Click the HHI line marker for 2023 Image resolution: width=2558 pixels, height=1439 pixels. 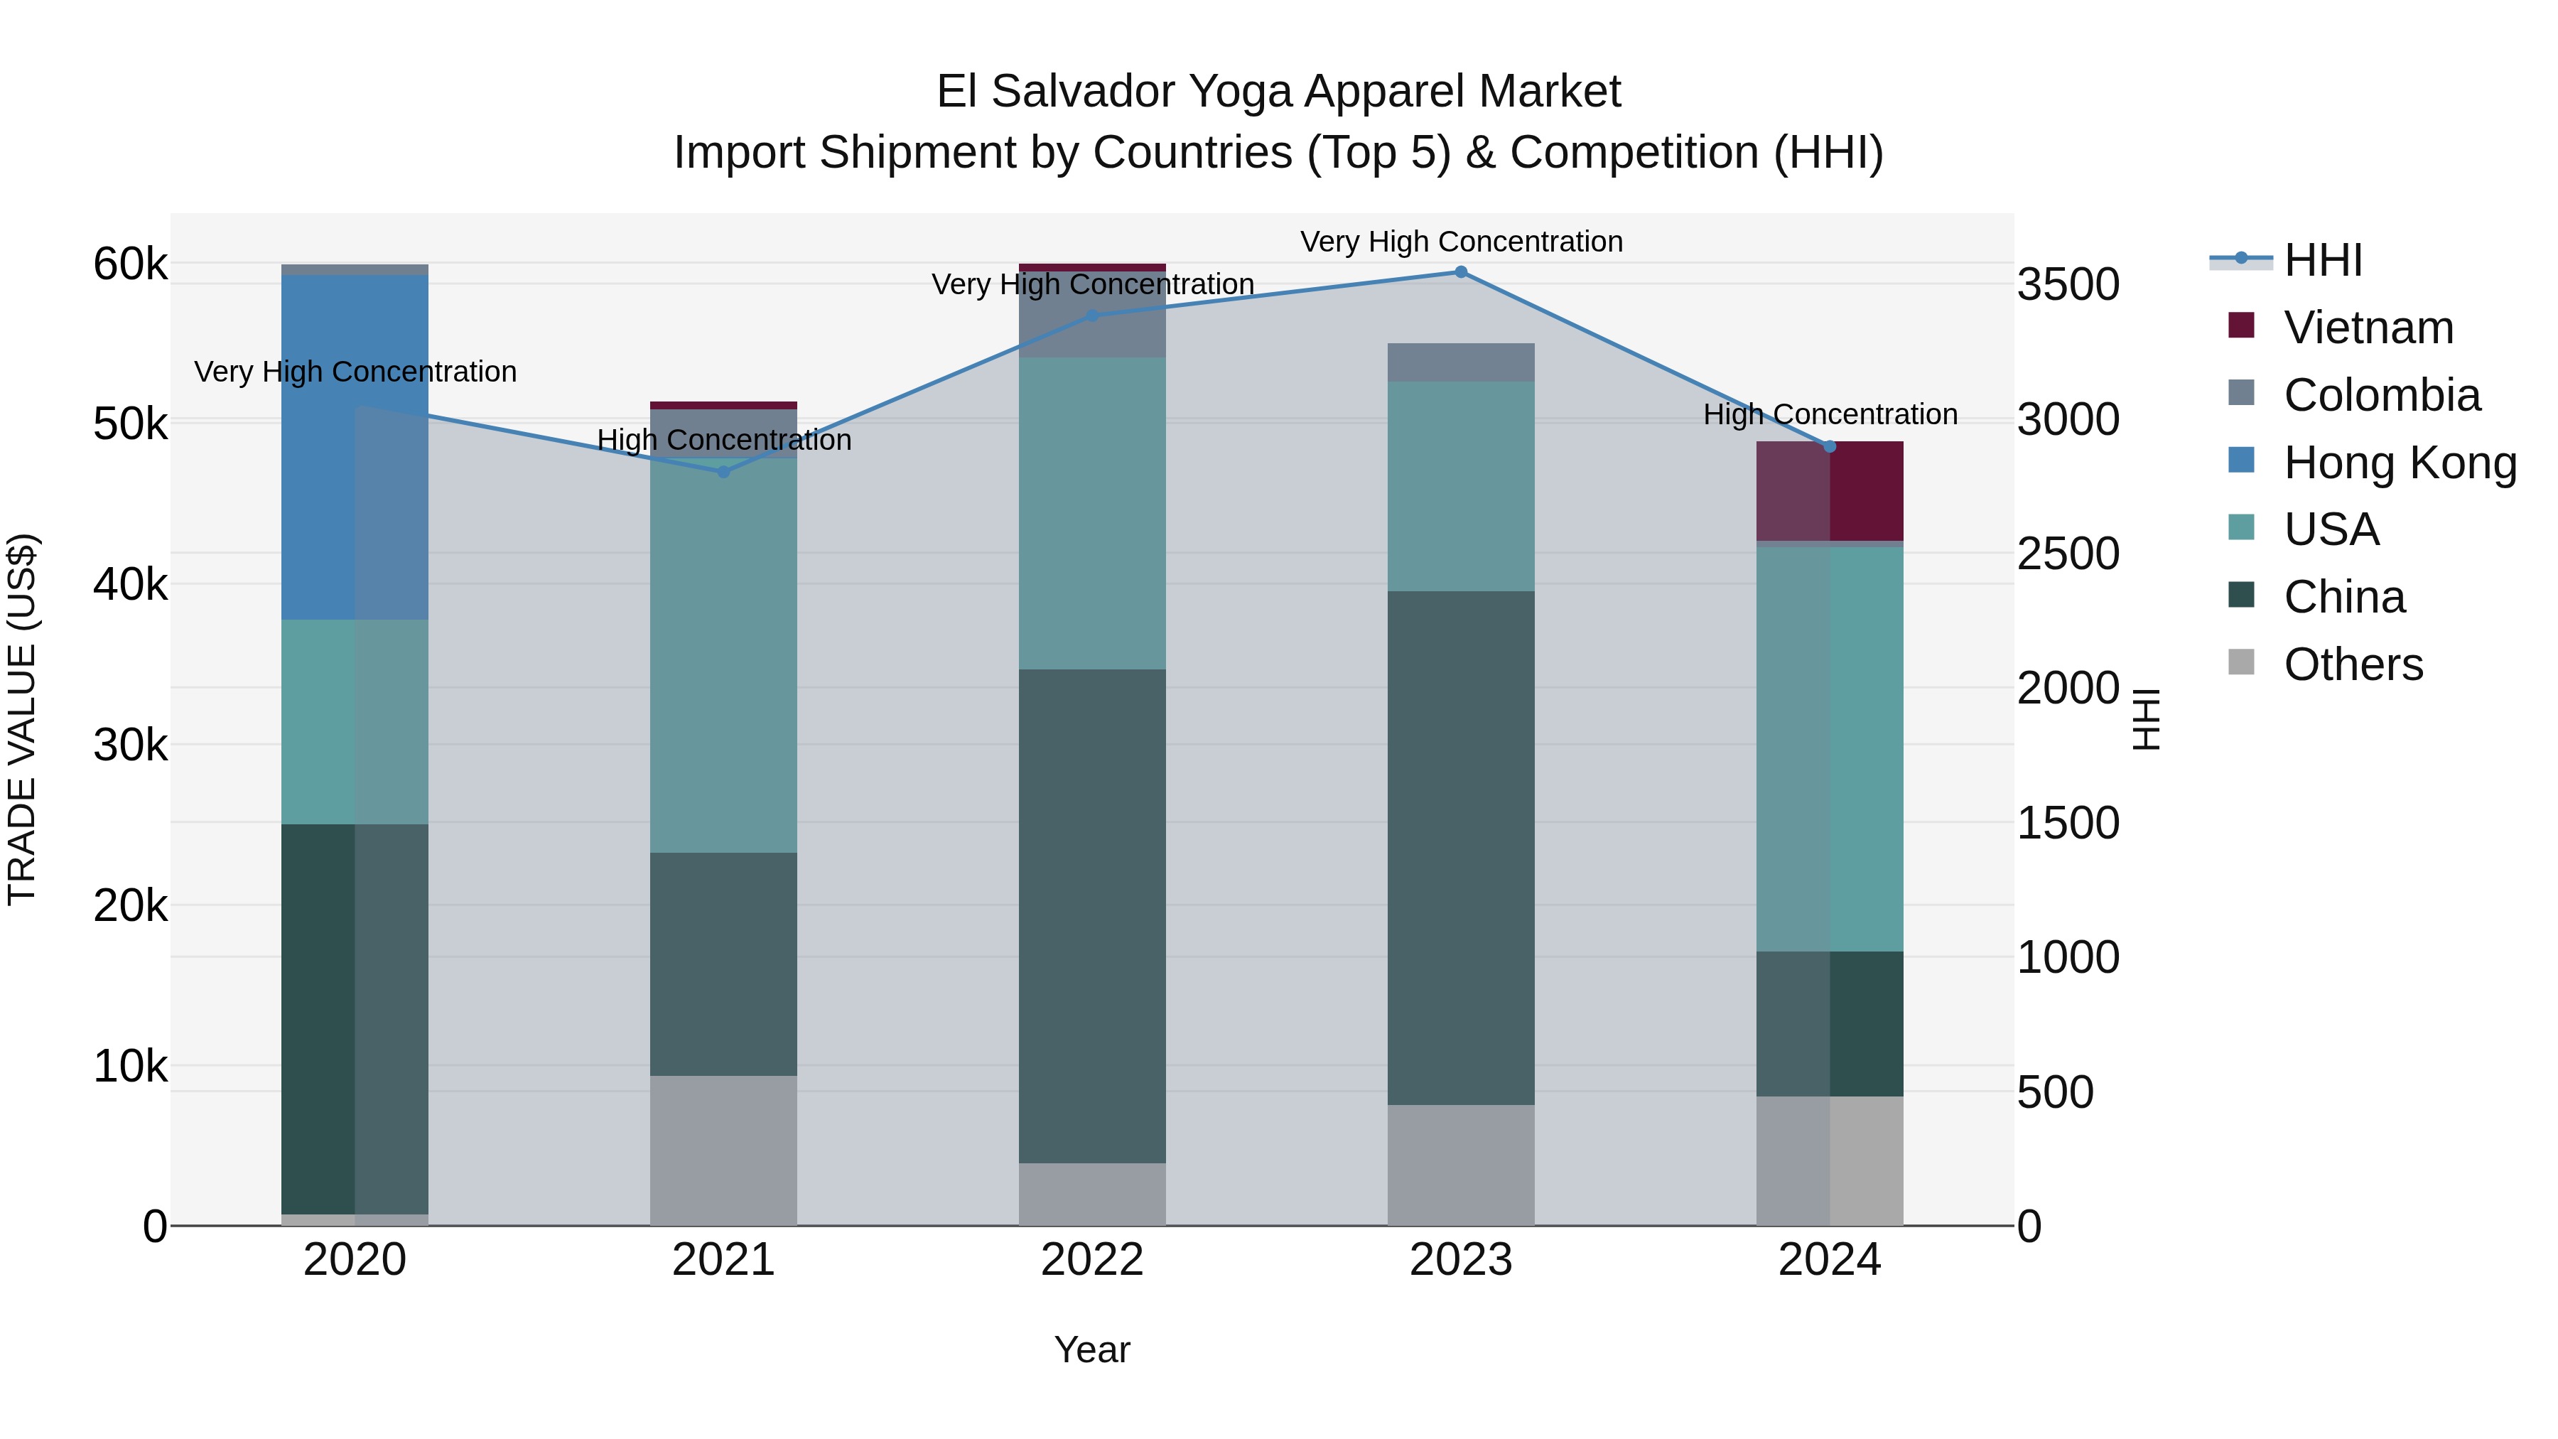click(x=1461, y=272)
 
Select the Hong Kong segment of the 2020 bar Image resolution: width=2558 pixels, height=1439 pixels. click(x=355, y=447)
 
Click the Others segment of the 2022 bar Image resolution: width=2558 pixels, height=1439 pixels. click(x=1091, y=1194)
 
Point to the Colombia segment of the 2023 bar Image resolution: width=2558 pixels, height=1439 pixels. click(x=1461, y=362)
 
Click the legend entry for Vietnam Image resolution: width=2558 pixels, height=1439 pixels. click(x=2368, y=328)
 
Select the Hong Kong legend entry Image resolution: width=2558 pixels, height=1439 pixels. click(x=2398, y=463)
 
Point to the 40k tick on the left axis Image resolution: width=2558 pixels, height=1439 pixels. click(x=130, y=585)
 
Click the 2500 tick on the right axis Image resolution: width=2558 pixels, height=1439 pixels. click(x=2068, y=554)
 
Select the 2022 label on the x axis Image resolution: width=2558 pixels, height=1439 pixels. click(x=1091, y=1260)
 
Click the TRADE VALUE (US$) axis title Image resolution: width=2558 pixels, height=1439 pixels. click(x=22, y=719)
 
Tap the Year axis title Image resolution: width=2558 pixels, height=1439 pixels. click(x=1091, y=1349)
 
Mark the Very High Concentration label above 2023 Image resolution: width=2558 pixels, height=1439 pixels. click(x=1461, y=242)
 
